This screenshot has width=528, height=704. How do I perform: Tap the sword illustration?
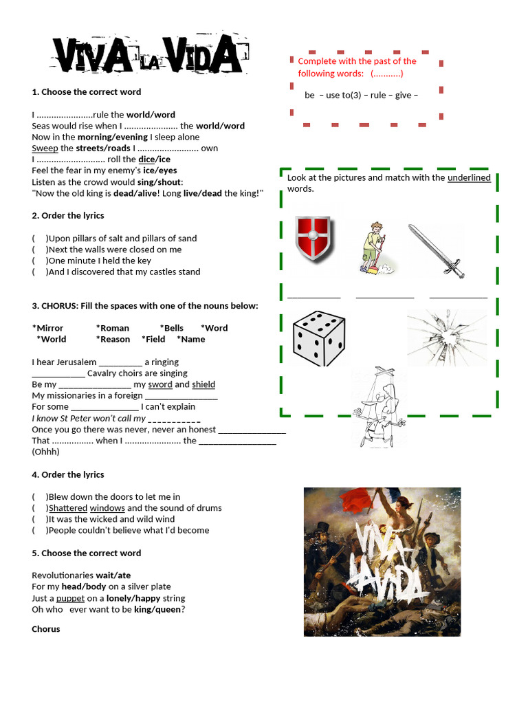click(x=437, y=251)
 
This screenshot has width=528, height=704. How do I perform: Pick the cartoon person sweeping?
click(x=375, y=249)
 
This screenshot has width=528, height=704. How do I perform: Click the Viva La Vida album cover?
click(x=382, y=562)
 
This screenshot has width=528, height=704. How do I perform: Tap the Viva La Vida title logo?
click(x=147, y=56)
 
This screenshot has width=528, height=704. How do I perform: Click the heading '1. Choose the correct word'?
click(x=87, y=92)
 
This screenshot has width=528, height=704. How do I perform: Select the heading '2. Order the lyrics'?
click(x=68, y=216)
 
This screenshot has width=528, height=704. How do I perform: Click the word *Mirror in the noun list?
click(x=48, y=329)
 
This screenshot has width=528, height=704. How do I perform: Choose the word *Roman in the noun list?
click(x=113, y=329)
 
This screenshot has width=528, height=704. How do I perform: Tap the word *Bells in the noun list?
click(x=172, y=329)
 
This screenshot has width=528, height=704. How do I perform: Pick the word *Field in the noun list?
click(x=153, y=340)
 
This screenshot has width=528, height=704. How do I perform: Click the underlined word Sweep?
click(x=45, y=148)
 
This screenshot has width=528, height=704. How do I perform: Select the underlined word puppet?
click(x=70, y=599)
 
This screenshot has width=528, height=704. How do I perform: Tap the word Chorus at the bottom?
click(x=46, y=629)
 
